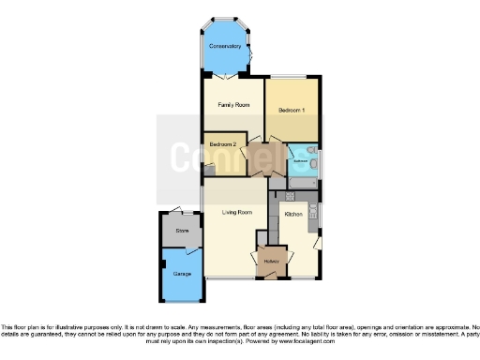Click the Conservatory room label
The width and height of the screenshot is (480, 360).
(x=226, y=46)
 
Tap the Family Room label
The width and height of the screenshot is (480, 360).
(x=232, y=104)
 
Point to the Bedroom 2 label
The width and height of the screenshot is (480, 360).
(x=222, y=144)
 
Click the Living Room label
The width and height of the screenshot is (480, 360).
(x=237, y=213)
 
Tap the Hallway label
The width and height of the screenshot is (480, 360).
(x=272, y=261)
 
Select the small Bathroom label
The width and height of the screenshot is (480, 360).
(x=300, y=161)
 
